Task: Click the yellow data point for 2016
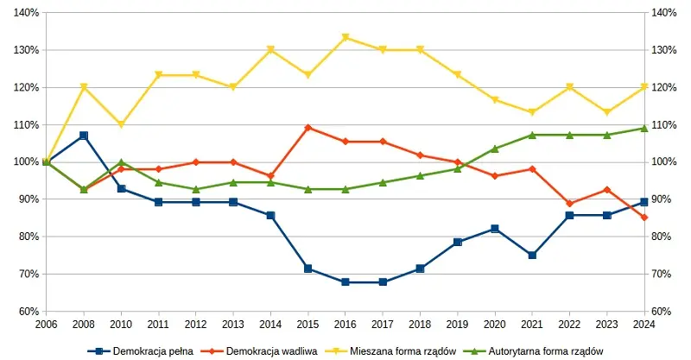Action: [345, 37]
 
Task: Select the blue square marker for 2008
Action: [84, 136]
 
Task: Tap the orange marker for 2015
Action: [308, 128]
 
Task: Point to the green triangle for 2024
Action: [644, 128]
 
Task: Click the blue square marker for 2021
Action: [532, 256]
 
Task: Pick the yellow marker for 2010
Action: [121, 125]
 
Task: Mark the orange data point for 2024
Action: [644, 218]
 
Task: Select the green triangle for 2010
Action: [121, 161]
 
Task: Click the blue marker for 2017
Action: [383, 281]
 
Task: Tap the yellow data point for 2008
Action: [84, 87]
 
